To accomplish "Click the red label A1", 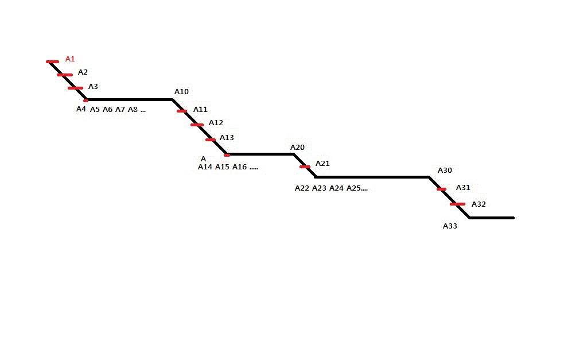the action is pyautogui.click(x=70, y=59).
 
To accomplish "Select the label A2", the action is pyautogui.click(x=83, y=72).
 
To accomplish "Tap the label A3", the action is pyautogui.click(x=93, y=86).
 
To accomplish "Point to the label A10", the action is pyautogui.click(x=181, y=92).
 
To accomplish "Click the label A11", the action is pyautogui.click(x=200, y=110).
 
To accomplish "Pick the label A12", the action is pyautogui.click(x=216, y=123).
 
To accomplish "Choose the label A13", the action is pyautogui.click(x=227, y=138).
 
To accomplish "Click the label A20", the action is pyautogui.click(x=297, y=147).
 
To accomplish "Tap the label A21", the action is pyautogui.click(x=322, y=164).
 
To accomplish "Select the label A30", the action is pyautogui.click(x=445, y=171).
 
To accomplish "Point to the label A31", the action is pyautogui.click(x=463, y=188).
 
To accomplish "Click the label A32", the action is pyautogui.click(x=479, y=204).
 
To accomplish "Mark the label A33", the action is pyautogui.click(x=450, y=226).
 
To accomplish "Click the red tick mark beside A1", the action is pyautogui.click(x=53, y=62).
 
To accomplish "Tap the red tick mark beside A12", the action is pyautogui.click(x=197, y=125).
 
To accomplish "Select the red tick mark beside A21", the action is pyautogui.click(x=305, y=167).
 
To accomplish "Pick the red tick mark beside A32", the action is pyautogui.click(x=457, y=204).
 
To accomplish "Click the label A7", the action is pyautogui.click(x=120, y=110).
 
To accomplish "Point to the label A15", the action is pyautogui.click(x=222, y=167).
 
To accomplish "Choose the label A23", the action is pyautogui.click(x=319, y=188).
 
